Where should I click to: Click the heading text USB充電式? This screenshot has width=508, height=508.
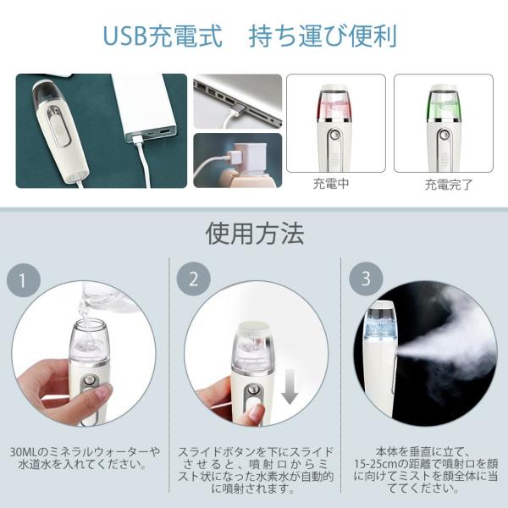[162, 37]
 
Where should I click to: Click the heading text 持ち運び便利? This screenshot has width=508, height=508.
[323, 37]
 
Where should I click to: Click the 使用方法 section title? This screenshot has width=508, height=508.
[254, 233]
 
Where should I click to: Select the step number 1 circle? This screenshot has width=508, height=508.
[24, 279]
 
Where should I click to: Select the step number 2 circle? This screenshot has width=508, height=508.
[194, 279]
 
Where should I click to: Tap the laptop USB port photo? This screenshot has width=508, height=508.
[237, 101]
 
